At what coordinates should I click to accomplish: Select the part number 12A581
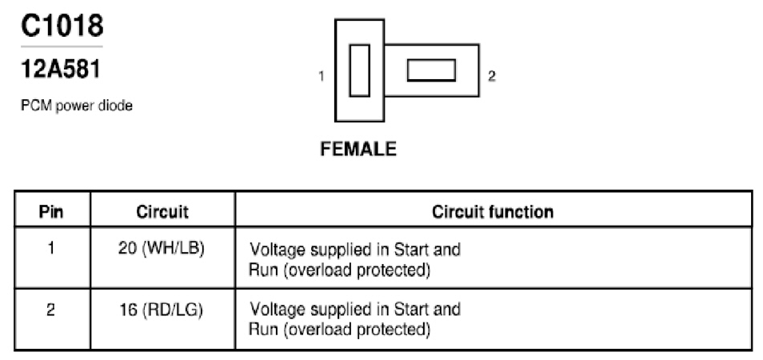[x=61, y=70]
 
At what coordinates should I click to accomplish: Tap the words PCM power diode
[x=77, y=106]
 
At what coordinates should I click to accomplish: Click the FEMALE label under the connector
[x=358, y=148]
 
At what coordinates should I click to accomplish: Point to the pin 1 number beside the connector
[x=322, y=76]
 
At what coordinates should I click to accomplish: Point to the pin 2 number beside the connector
[x=492, y=76]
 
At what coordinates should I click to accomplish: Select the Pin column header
[x=51, y=212]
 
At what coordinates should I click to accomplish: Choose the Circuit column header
[x=162, y=212]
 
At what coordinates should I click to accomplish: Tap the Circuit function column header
[x=493, y=212]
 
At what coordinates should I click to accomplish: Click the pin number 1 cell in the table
[x=51, y=249]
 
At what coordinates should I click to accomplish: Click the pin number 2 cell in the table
[x=51, y=310]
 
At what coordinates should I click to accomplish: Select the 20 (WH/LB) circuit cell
[x=161, y=249]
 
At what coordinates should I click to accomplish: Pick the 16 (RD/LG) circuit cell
[x=161, y=310]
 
